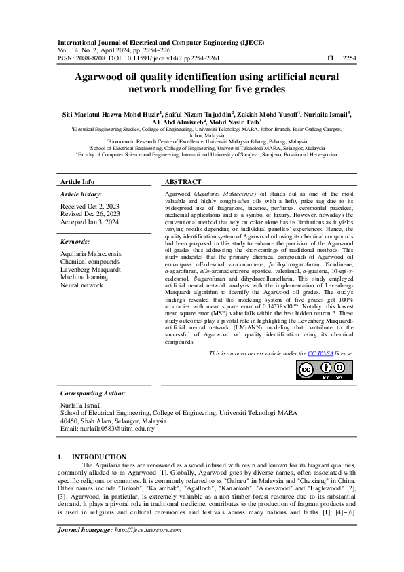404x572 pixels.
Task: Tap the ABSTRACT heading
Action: click(x=183, y=183)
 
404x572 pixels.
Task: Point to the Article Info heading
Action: click(x=78, y=183)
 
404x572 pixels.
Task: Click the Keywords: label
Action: click(x=75, y=241)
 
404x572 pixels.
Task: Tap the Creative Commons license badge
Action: click(x=325, y=370)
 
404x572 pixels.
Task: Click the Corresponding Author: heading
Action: click(x=93, y=393)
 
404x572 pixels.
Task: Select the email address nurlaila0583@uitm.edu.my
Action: click(x=118, y=429)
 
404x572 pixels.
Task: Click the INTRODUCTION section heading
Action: click(x=99, y=457)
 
